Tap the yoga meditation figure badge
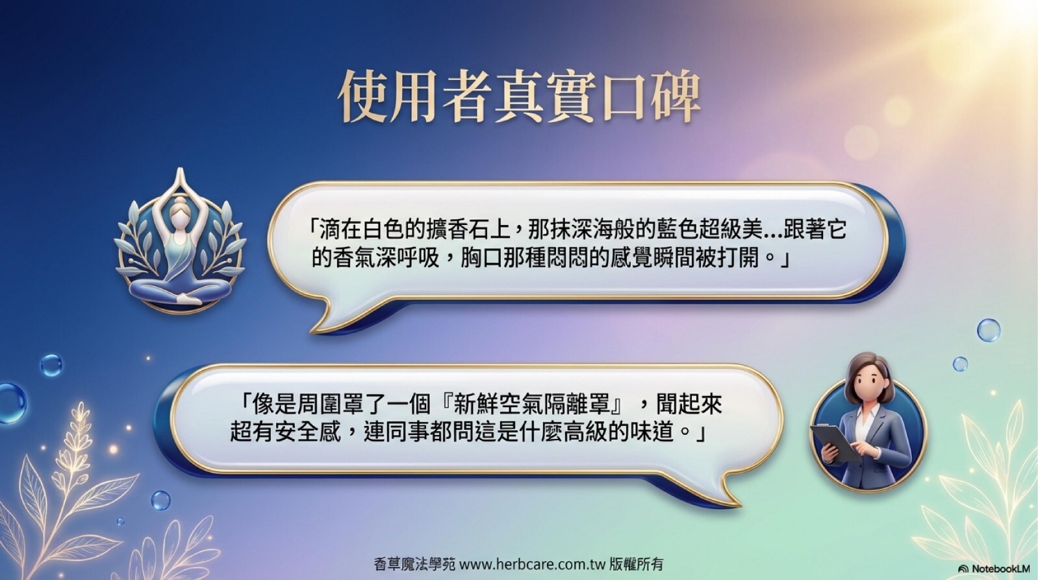pyautogui.click(x=180, y=241)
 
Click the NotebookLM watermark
pyautogui.click(x=994, y=568)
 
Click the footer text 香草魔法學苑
pyautogui.click(x=414, y=564)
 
